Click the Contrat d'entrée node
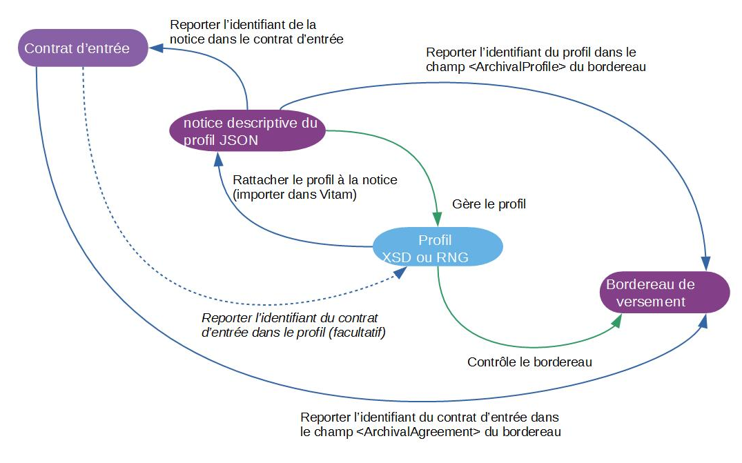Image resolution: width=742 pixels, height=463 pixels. tap(83, 48)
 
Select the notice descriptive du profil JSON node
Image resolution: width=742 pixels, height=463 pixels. tap(248, 132)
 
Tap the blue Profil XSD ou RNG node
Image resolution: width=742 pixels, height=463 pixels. tap(438, 249)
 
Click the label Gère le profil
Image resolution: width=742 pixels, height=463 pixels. tap(489, 205)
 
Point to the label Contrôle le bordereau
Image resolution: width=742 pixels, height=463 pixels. tap(529, 362)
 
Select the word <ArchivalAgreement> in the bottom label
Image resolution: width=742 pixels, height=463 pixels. tap(418, 432)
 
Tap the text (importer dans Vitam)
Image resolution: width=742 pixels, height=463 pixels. tap(295, 195)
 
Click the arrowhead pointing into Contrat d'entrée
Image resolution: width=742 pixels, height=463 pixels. tap(157, 48)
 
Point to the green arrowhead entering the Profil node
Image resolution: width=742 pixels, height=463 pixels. tap(438, 215)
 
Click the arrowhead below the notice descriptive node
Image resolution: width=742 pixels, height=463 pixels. tap(219, 160)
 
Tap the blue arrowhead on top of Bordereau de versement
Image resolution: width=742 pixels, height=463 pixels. tap(705, 263)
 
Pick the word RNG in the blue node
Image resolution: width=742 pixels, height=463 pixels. tap(453, 257)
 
